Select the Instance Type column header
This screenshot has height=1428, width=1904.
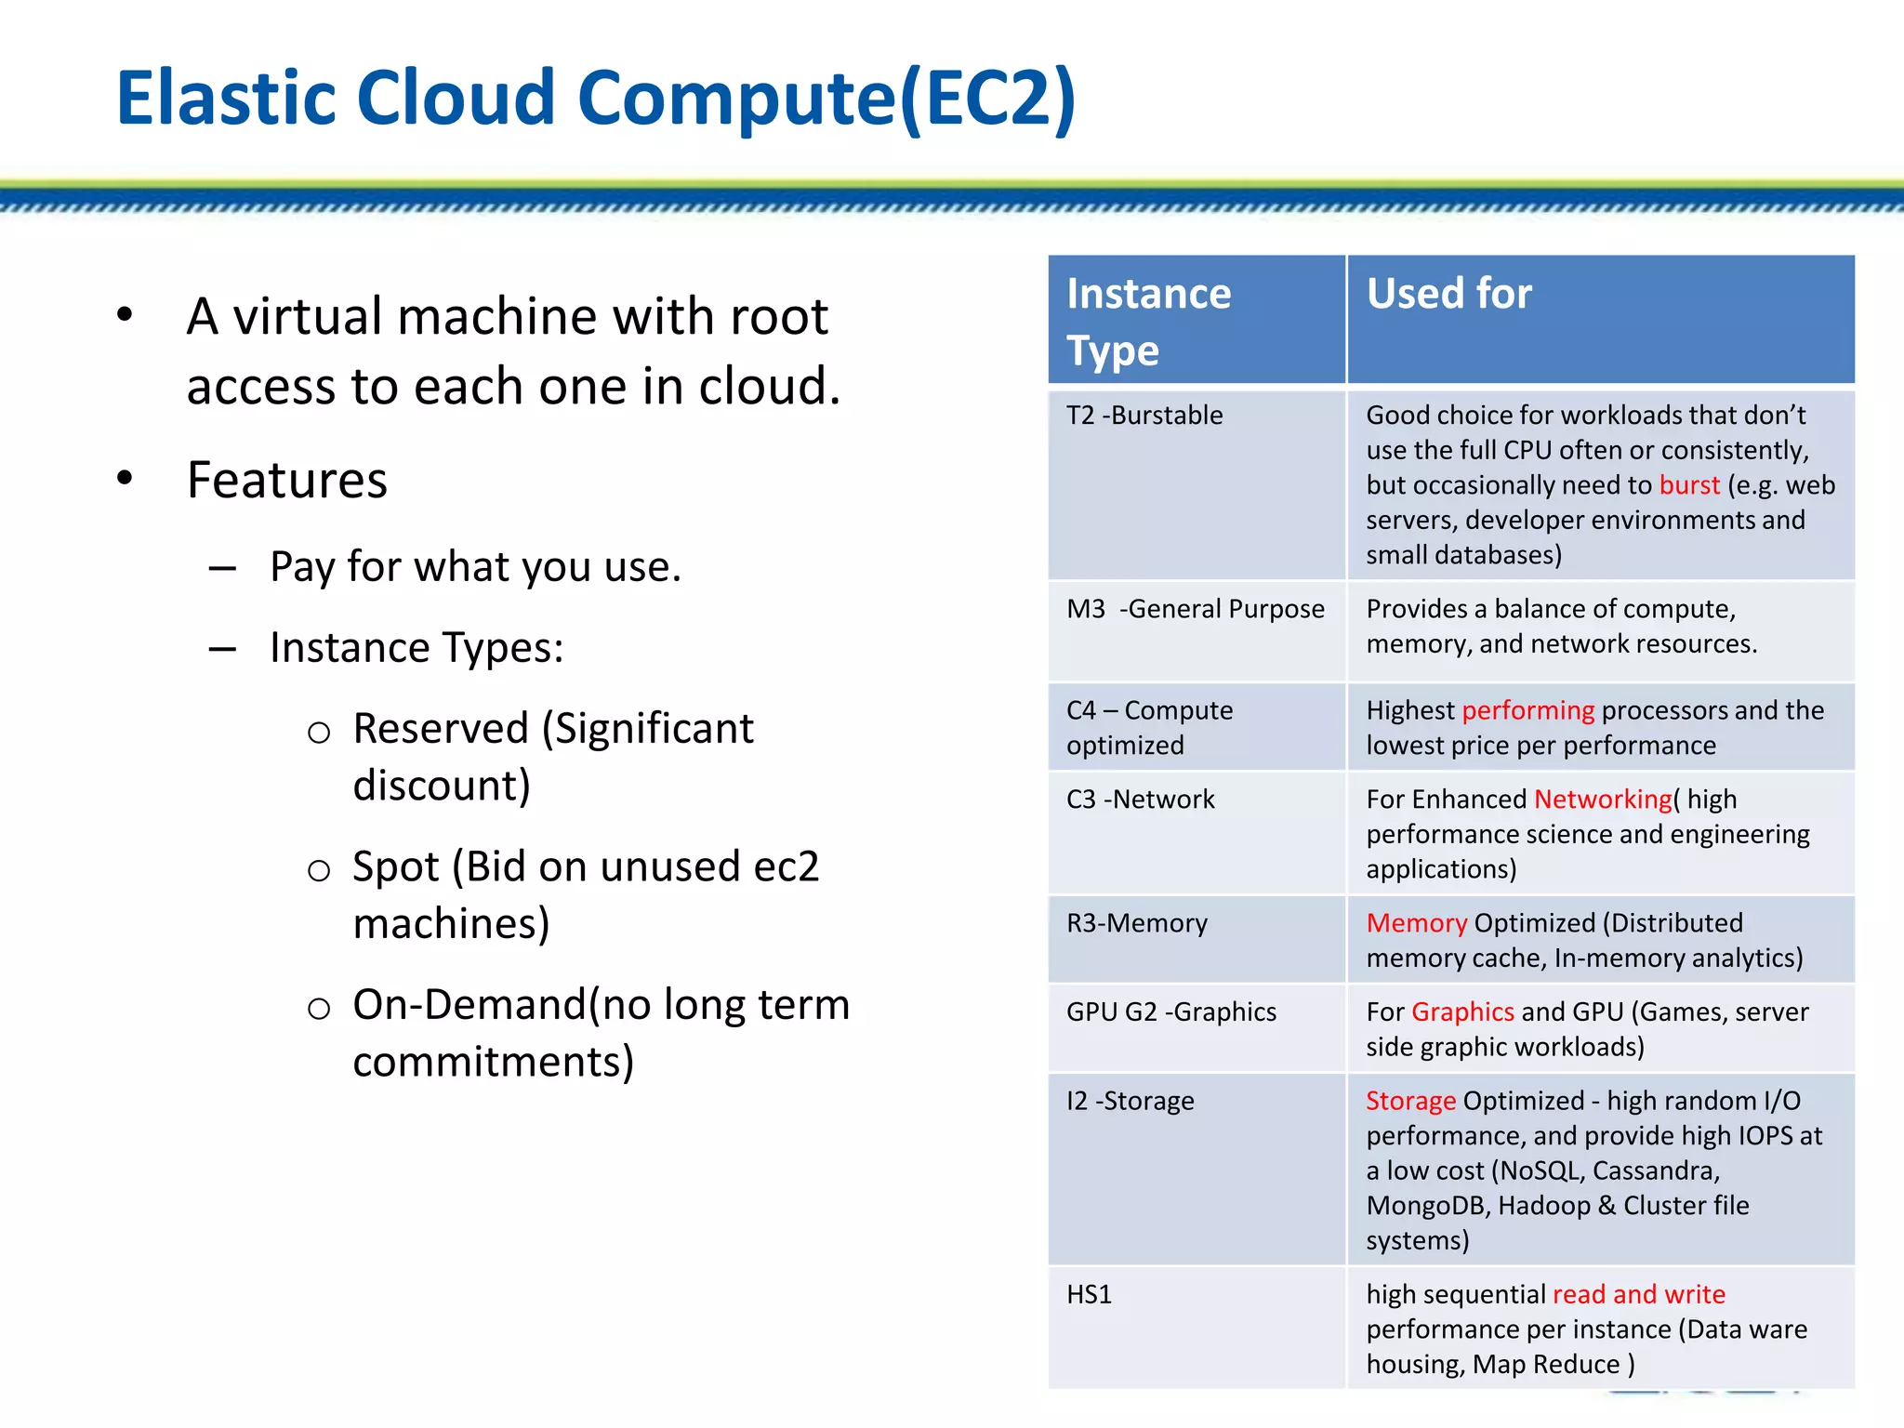tap(1148, 321)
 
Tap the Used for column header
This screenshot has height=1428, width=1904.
tap(1448, 294)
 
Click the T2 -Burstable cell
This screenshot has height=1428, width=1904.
tap(1144, 416)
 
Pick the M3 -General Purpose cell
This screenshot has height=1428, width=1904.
tap(1195, 609)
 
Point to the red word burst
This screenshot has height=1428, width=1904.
tap(1688, 485)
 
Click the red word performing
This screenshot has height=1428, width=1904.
tap(1527, 710)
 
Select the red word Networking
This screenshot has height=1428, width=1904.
tap(1602, 800)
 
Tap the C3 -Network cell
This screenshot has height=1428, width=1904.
tap(1141, 800)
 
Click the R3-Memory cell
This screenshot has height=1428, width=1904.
tap(1136, 923)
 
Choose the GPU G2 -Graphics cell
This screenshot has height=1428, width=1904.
tap(1170, 1011)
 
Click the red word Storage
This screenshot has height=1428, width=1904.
tap(1410, 1101)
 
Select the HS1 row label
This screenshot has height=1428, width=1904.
tap(1089, 1294)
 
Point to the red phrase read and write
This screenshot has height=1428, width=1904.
tap(1638, 1294)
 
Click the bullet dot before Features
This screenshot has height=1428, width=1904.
tap(125, 479)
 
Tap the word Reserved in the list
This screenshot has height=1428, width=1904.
tap(441, 728)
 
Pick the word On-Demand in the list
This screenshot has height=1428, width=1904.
tap(469, 1005)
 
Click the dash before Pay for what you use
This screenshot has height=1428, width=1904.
tap(222, 568)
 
